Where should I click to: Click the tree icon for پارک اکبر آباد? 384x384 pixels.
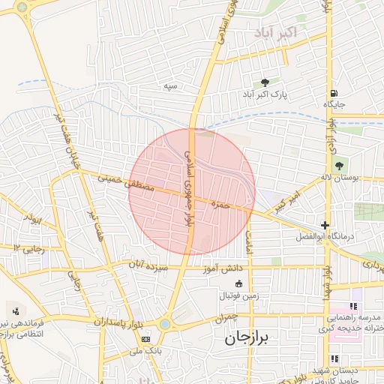(x=265, y=82)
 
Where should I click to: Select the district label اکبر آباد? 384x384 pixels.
(x=275, y=32)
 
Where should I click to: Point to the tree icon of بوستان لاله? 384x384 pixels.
(x=339, y=165)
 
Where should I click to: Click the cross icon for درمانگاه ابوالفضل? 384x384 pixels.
(x=324, y=225)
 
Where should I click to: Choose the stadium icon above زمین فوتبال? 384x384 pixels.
(x=238, y=283)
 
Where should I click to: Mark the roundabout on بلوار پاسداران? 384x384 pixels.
(x=165, y=324)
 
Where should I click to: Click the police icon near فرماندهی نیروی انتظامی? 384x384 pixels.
(x=16, y=310)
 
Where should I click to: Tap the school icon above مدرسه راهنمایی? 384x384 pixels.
(x=352, y=307)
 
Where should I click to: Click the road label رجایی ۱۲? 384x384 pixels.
(x=28, y=247)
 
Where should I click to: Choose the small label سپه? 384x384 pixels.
(x=172, y=85)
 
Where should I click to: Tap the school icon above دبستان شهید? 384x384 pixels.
(x=334, y=359)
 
